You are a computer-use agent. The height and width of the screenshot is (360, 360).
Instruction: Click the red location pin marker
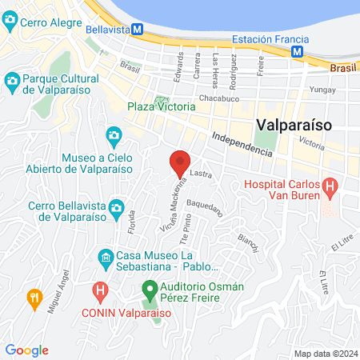click(x=180, y=162)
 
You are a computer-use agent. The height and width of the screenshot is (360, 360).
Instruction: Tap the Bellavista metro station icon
click(x=137, y=30)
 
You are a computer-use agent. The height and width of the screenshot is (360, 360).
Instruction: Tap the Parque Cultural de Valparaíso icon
click(x=12, y=81)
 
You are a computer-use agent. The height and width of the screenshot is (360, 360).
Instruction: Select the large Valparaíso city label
click(x=295, y=125)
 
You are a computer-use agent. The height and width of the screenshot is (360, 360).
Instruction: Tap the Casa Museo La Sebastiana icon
click(x=106, y=258)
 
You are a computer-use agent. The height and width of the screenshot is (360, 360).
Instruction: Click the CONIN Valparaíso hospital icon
click(x=100, y=289)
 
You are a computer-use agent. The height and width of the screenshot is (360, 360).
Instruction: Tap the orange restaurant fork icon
click(x=34, y=298)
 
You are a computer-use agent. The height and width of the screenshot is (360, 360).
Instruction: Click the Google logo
click(x=26, y=350)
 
